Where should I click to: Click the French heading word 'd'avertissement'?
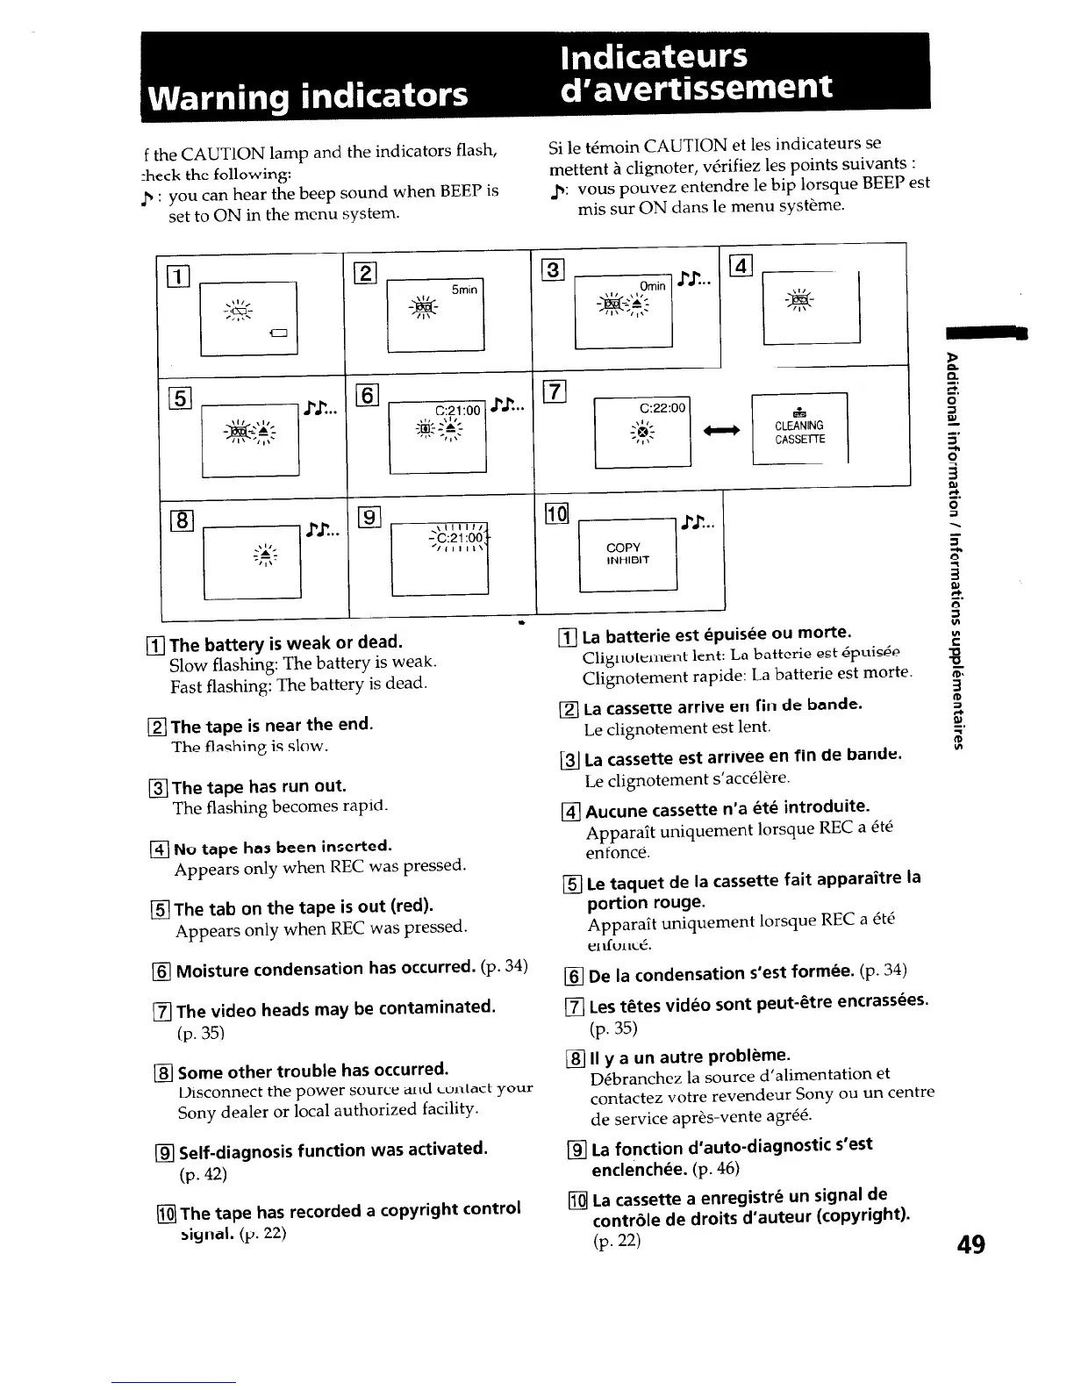click(698, 88)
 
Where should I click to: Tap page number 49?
click(970, 1244)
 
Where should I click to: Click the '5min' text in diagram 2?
click(464, 290)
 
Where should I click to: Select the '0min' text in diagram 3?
click(652, 286)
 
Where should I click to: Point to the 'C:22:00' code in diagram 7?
click(662, 408)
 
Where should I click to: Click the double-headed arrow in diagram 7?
click(721, 430)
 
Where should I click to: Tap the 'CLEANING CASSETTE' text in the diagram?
click(798, 432)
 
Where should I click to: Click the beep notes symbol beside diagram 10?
click(699, 524)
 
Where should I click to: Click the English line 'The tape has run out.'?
click(259, 786)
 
